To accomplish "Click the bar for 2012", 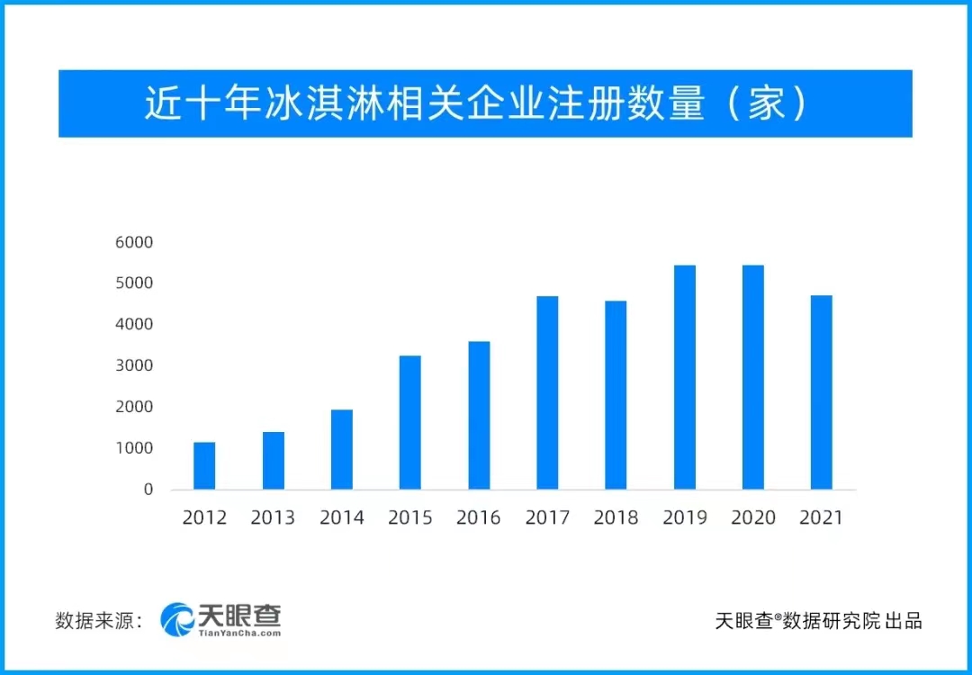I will coord(204,466).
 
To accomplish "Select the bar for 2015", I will coord(410,423).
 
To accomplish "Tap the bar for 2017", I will coord(547,393).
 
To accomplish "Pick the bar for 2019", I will coord(685,378).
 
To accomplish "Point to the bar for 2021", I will coord(822,392).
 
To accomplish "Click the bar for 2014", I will coord(342,450).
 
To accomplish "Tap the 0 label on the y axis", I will coord(148,490).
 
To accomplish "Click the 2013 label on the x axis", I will coord(273,517).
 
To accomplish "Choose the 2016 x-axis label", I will coord(479,517).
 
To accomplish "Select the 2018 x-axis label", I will coord(616,517).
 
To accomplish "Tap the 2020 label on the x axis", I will coord(753,517).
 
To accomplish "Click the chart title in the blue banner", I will coord(485,104).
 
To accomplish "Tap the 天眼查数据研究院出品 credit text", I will coord(818,620).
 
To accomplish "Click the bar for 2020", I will coord(753,378).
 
